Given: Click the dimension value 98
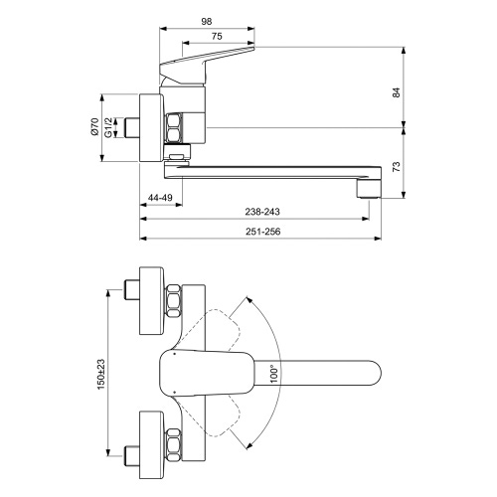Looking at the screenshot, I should click(208, 20).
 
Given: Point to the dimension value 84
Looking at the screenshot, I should click(396, 91).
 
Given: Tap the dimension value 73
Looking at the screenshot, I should click(396, 166).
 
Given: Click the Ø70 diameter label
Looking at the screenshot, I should click(95, 128).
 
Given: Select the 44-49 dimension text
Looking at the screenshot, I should click(160, 198).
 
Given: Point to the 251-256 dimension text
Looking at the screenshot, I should click(261, 233).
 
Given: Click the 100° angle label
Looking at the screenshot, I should click(273, 373).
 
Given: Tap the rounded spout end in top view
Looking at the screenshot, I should click(368, 374).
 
